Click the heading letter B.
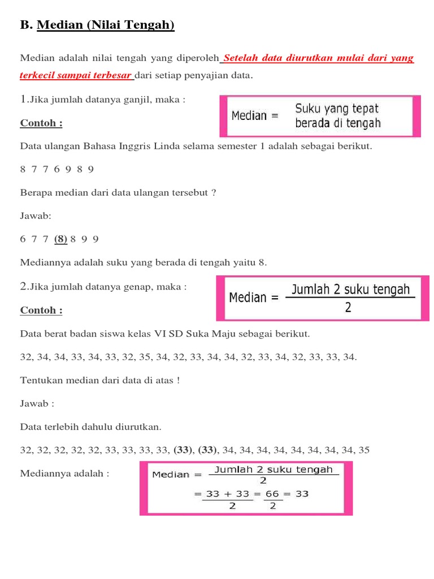pyautogui.click(x=25, y=25)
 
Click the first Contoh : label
pyautogui.click(x=41, y=123)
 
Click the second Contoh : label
pyautogui.click(x=41, y=310)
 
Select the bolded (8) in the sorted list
pyautogui.click(x=61, y=239)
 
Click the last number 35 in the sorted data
pyautogui.click(x=364, y=451)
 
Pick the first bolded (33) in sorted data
pyautogui.click(x=184, y=451)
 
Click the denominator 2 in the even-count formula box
pyautogui.click(x=348, y=307)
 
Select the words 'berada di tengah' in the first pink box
pyautogui.click(x=338, y=123)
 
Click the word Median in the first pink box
pyautogui.click(x=249, y=116)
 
